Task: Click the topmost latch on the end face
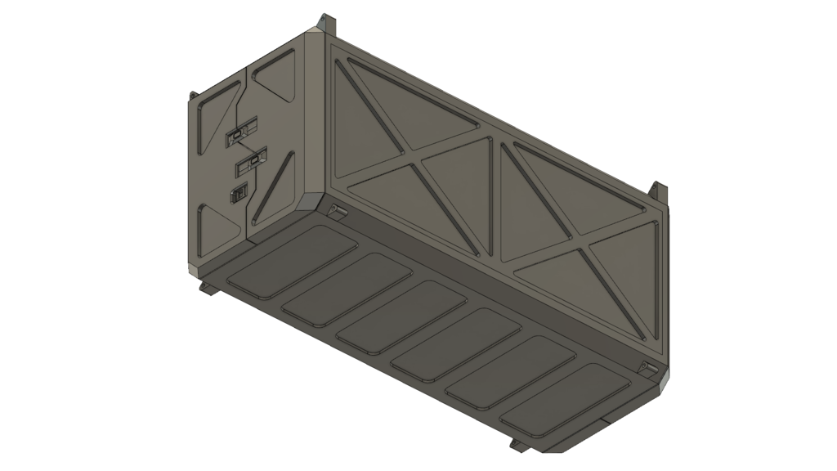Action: (240, 133)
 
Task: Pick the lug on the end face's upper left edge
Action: (194, 96)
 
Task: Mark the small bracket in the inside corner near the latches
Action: (334, 210)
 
